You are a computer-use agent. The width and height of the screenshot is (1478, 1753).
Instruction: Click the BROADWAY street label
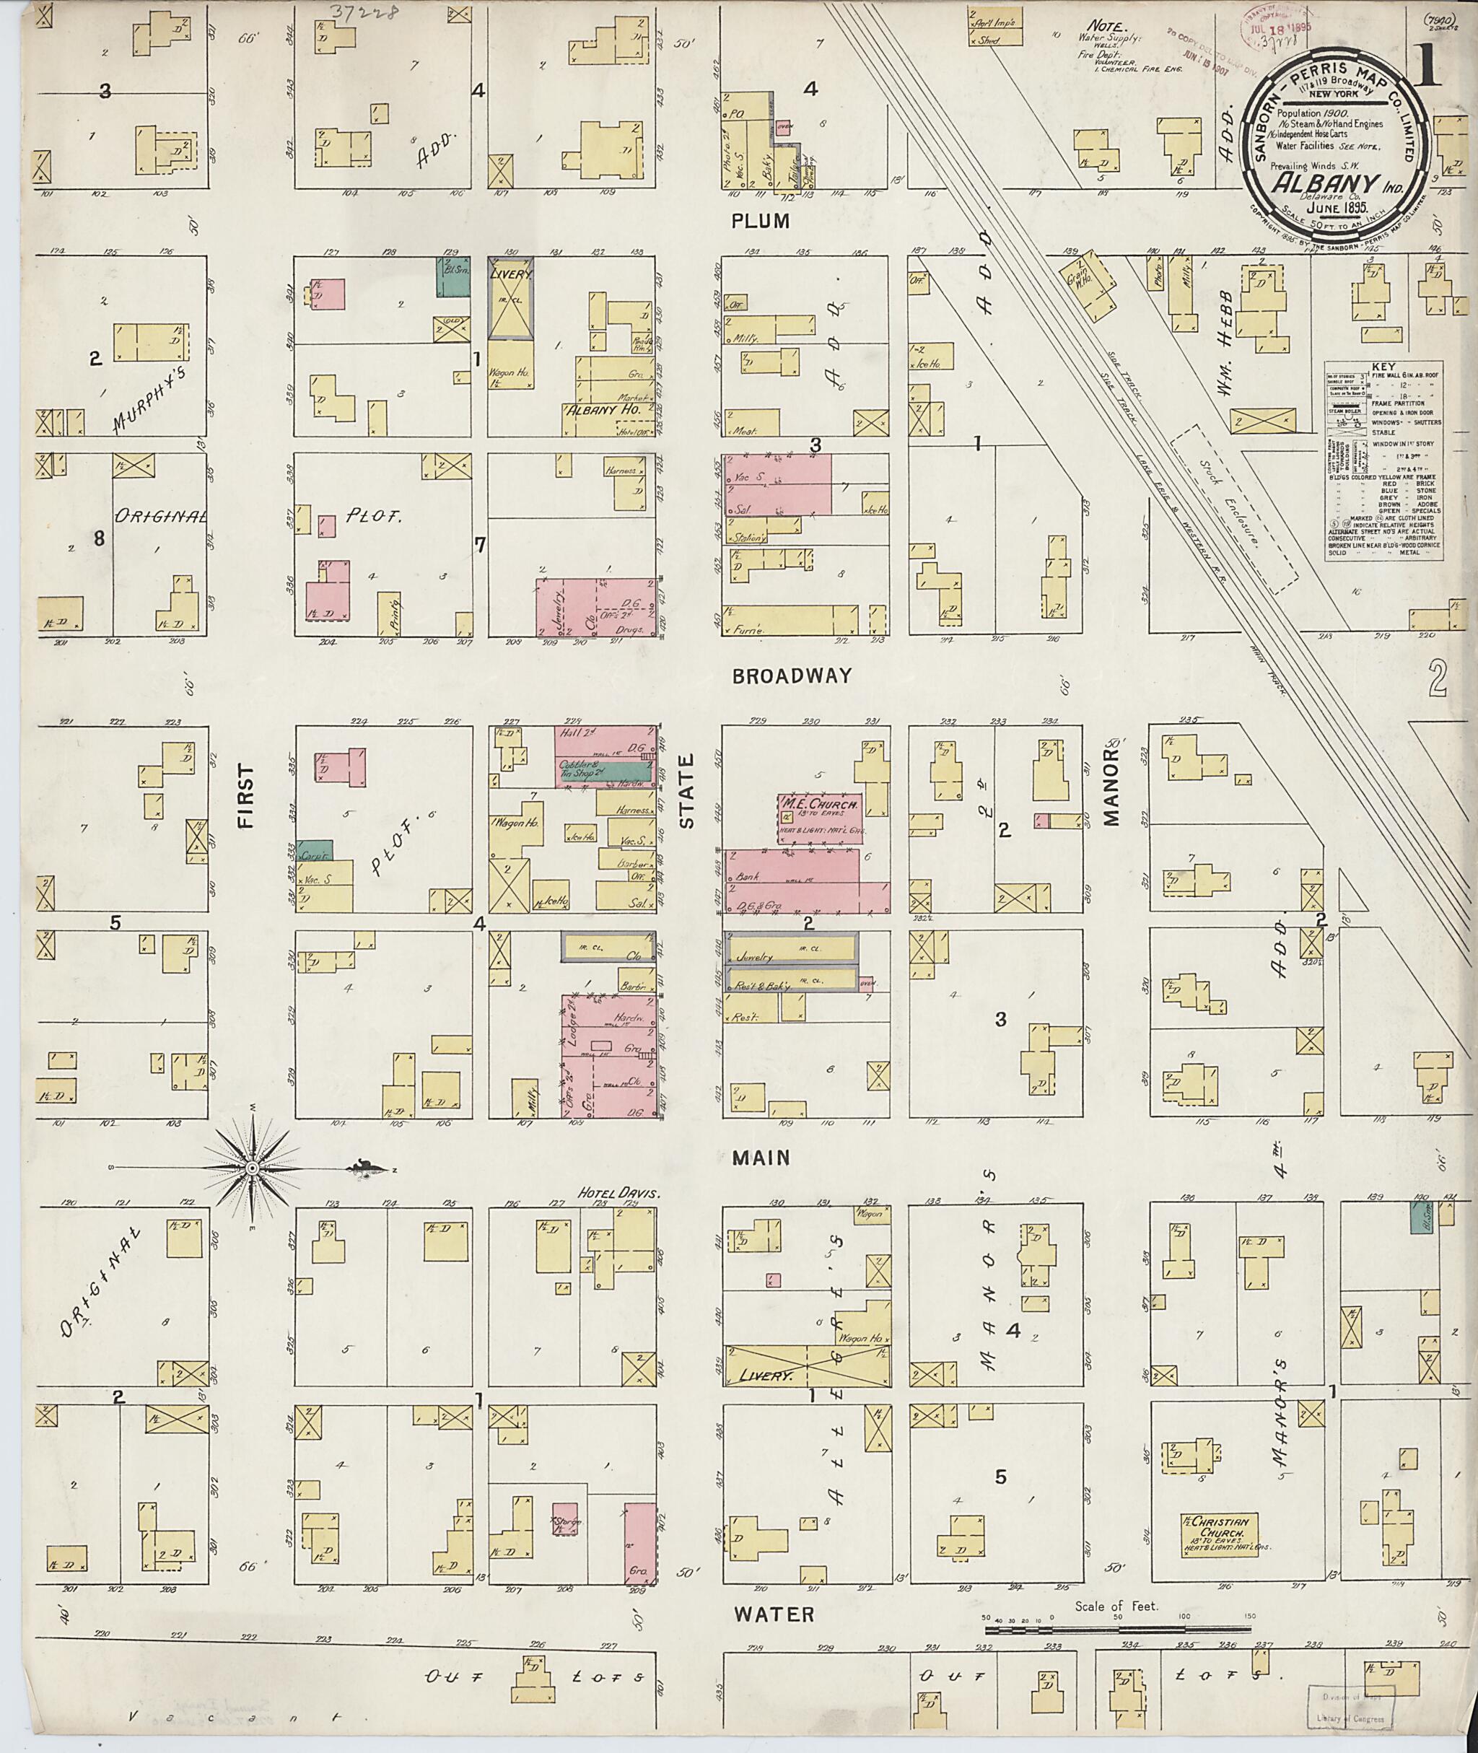(x=791, y=676)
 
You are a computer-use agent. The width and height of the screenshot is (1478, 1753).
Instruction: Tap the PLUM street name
(x=761, y=222)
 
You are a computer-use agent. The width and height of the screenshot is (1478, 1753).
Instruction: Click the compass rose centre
(x=251, y=1168)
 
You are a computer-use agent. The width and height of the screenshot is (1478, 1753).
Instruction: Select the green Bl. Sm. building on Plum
(x=452, y=276)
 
